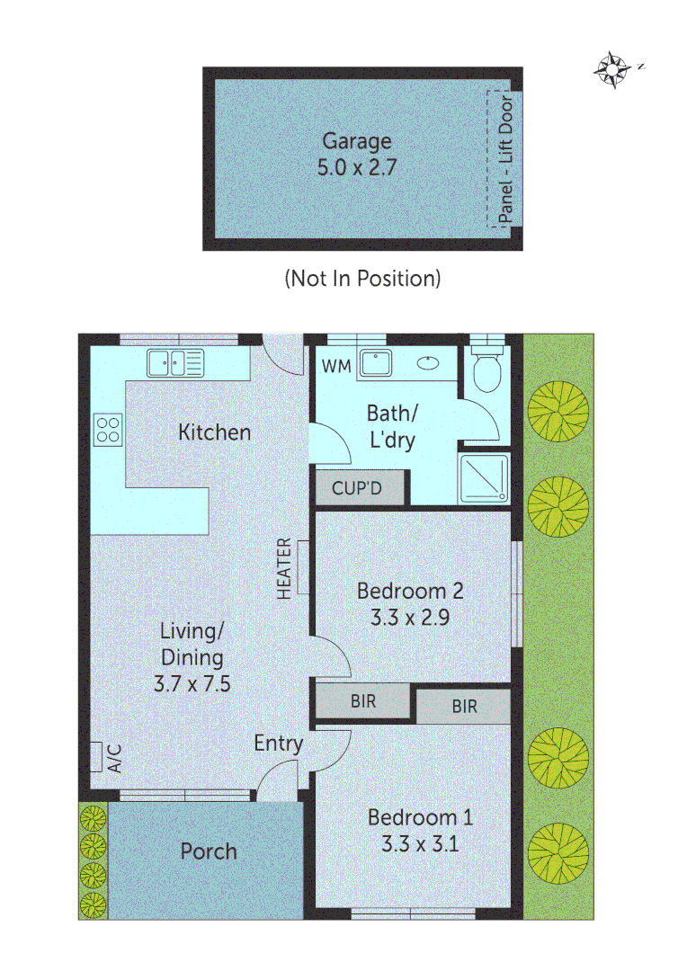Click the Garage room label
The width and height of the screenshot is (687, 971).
[x=357, y=141]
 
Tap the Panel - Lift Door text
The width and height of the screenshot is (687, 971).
[x=505, y=158]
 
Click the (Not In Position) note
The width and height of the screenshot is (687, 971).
[x=362, y=279]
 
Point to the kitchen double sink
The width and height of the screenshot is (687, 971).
[x=176, y=363]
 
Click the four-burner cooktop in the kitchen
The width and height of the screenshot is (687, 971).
[x=108, y=428]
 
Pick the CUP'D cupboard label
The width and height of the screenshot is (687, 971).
[x=357, y=489]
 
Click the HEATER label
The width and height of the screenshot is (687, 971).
[x=284, y=569]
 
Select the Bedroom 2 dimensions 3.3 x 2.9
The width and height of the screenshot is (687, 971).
[x=410, y=618]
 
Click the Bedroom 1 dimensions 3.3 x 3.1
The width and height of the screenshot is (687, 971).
[x=420, y=844]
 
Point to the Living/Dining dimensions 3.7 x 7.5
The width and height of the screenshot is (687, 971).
[x=192, y=683]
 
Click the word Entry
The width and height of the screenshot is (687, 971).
[x=278, y=744]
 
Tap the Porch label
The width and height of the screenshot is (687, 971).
[x=209, y=851]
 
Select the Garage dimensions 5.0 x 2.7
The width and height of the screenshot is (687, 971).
[x=357, y=167]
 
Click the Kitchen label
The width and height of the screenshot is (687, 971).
[x=214, y=432]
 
